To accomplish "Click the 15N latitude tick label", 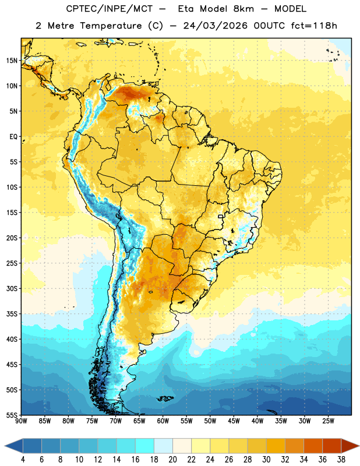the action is point(12,61).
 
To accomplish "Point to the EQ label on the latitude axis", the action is point(13,137).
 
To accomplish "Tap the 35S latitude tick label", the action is point(12,314).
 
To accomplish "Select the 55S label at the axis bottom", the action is point(12,415).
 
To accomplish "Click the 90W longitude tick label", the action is point(21,421).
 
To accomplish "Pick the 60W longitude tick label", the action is point(163,421).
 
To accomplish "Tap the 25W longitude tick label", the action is point(328,421).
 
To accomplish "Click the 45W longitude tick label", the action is point(234,421).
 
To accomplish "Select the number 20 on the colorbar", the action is point(172,460).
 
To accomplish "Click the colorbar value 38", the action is point(341,460).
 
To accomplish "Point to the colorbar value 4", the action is point(23,460).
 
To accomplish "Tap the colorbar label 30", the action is point(266,460).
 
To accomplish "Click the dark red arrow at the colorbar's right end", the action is point(349,446).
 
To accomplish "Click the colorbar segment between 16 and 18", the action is point(145,446).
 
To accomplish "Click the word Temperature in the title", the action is point(111,26).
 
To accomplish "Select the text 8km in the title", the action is point(243,9).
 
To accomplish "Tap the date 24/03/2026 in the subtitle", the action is point(215,26).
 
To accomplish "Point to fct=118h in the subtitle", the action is point(314,26).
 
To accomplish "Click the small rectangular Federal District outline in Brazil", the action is point(221,216).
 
